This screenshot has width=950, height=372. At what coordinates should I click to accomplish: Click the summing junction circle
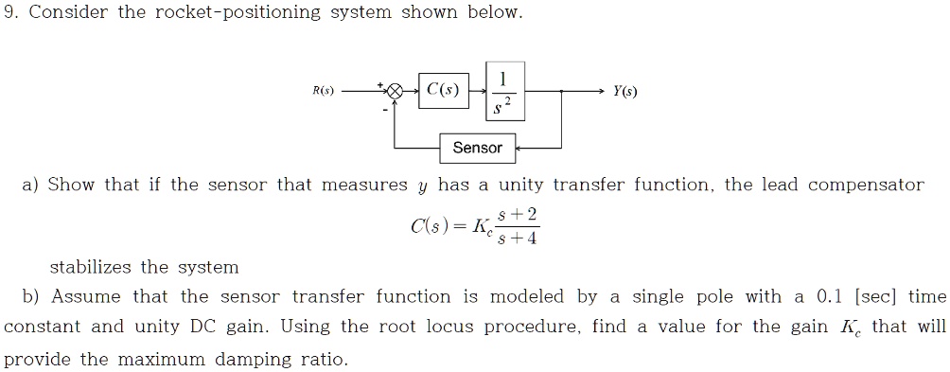click(396, 92)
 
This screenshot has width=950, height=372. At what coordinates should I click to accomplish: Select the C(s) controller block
click(443, 92)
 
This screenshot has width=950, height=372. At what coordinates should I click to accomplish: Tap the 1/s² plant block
click(503, 92)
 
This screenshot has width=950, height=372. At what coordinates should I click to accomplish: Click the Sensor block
click(477, 148)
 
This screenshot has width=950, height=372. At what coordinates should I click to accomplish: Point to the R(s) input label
click(324, 92)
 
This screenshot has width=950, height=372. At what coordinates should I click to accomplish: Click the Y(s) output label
click(625, 92)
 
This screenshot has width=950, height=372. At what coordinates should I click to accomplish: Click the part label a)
click(31, 185)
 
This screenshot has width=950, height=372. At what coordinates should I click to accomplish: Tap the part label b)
click(31, 296)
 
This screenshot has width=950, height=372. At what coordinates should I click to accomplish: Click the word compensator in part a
click(865, 185)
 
